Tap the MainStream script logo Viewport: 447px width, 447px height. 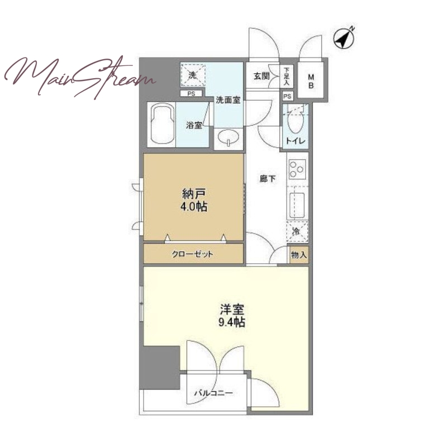(80, 77)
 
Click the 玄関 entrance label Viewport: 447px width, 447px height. (261, 76)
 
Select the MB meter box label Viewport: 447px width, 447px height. (311, 81)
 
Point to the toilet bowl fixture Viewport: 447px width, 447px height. (295, 122)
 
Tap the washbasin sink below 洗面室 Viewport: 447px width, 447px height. (229, 137)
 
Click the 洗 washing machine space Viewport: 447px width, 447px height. (193, 75)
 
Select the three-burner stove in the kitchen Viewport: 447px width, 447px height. (297, 169)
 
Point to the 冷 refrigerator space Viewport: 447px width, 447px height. (297, 231)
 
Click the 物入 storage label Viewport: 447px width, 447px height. (299, 255)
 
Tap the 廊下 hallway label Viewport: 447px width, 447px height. (268, 179)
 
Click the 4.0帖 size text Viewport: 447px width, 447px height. (194, 207)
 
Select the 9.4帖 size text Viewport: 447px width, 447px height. (232, 322)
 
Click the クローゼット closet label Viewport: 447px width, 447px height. (192, 254)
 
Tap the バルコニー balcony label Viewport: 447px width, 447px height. (213, 393)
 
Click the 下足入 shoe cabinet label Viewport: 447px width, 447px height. (287, 76)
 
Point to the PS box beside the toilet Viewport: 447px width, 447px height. (287, 96)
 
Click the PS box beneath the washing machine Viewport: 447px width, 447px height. (191, 93)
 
